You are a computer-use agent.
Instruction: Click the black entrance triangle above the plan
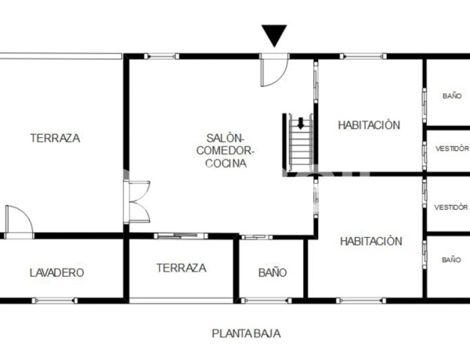tap(274, 35)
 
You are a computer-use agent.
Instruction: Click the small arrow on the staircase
tap(301, 124)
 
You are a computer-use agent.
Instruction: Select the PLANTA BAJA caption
tap(246, 333)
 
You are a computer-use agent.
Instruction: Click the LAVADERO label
tap(56, 273)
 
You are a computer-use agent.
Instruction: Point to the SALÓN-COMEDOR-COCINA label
tap(226, 149)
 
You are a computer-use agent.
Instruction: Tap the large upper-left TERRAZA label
tap(55, 139)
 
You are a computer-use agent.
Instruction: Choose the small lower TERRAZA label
tap(181, 268)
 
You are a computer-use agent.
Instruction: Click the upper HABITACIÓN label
tap(369, 125)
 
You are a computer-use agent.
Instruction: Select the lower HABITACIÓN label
tap(371, 241)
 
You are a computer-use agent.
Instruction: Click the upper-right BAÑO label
tap(451, 95)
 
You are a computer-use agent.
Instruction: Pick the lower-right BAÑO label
tap(451, 259)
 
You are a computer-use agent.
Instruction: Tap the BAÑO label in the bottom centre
tap(273, 273)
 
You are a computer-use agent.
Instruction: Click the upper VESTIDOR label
tap(451, 148)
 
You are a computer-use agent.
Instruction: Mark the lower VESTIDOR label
tap(451, 207)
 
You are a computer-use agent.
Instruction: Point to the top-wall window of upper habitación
tap(361, 56)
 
